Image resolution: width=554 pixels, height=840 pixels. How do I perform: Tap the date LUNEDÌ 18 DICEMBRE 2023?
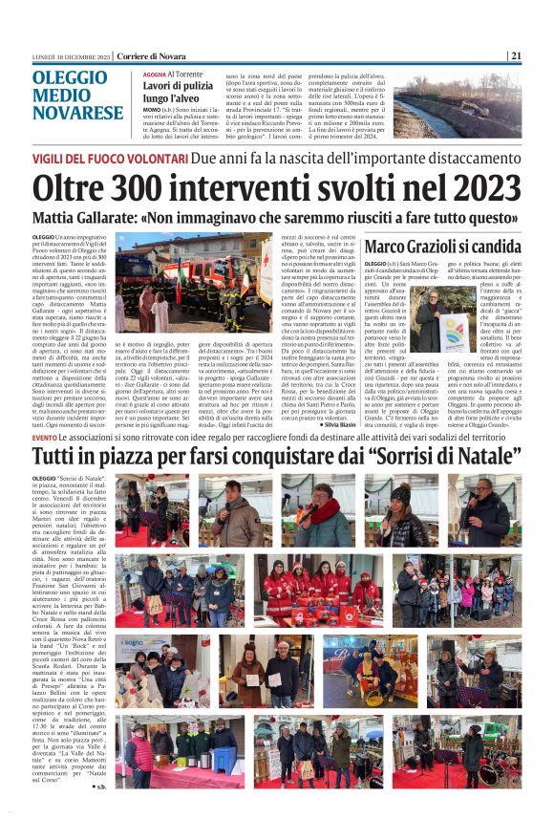point(70,55)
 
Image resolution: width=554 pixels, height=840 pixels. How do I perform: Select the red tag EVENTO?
point(44,437)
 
